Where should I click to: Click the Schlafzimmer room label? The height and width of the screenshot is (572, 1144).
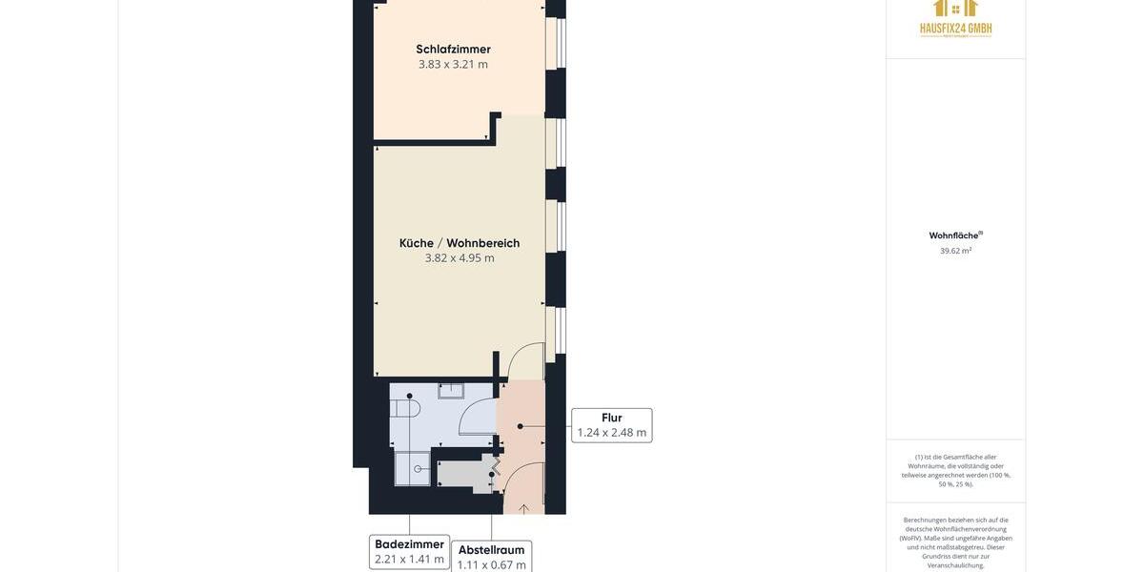coord(453,49)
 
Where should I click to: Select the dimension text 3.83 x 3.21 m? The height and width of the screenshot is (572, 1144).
coord(453,65)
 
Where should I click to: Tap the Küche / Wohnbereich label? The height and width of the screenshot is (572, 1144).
coord(460,243)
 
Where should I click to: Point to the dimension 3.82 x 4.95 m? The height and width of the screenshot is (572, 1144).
coord(460,258)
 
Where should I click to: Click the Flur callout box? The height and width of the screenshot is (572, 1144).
coord(611,425)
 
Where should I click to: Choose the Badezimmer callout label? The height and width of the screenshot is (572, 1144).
coord(409,551)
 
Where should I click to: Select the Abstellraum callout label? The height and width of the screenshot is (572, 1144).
coord(491,557)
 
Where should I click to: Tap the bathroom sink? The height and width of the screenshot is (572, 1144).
coord(451,390)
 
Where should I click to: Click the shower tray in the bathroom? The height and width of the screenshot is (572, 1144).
coord(412,468)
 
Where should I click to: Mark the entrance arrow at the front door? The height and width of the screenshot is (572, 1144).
coord(523,509)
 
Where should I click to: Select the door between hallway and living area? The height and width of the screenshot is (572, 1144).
coord(525,361)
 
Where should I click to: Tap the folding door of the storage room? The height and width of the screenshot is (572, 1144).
coord(495,467)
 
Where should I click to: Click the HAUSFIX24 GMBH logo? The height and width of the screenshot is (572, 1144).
coord(955,19)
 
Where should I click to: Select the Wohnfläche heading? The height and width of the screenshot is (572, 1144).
coord(954,235)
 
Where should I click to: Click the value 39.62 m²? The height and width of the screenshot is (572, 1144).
coord(955,251)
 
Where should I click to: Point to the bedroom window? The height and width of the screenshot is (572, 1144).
coord(560,43)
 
